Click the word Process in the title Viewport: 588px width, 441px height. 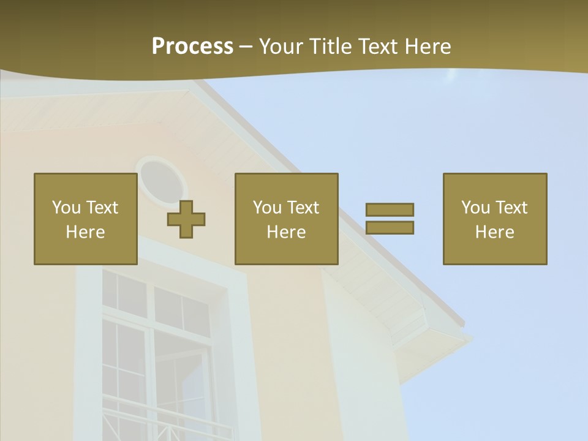(x=192, y=47)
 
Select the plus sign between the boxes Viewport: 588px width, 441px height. (x=186, y=219)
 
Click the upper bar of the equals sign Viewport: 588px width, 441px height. (x=390, y=209)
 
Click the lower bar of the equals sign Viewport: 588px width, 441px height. (x=390, y=227)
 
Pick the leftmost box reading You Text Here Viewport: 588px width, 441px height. (x=86, y=219)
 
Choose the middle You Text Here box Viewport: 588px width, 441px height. (x=286, y=219)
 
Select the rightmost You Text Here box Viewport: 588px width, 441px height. (x=495, y=219)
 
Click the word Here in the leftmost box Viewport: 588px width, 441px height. (x=86, y=232)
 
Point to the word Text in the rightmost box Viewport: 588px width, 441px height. (x=510, y=208)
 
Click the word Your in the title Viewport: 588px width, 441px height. (x=281, y=47)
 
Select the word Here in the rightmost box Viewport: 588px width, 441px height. (x=495, y=232)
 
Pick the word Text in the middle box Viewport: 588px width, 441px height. (x=302, y=208)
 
